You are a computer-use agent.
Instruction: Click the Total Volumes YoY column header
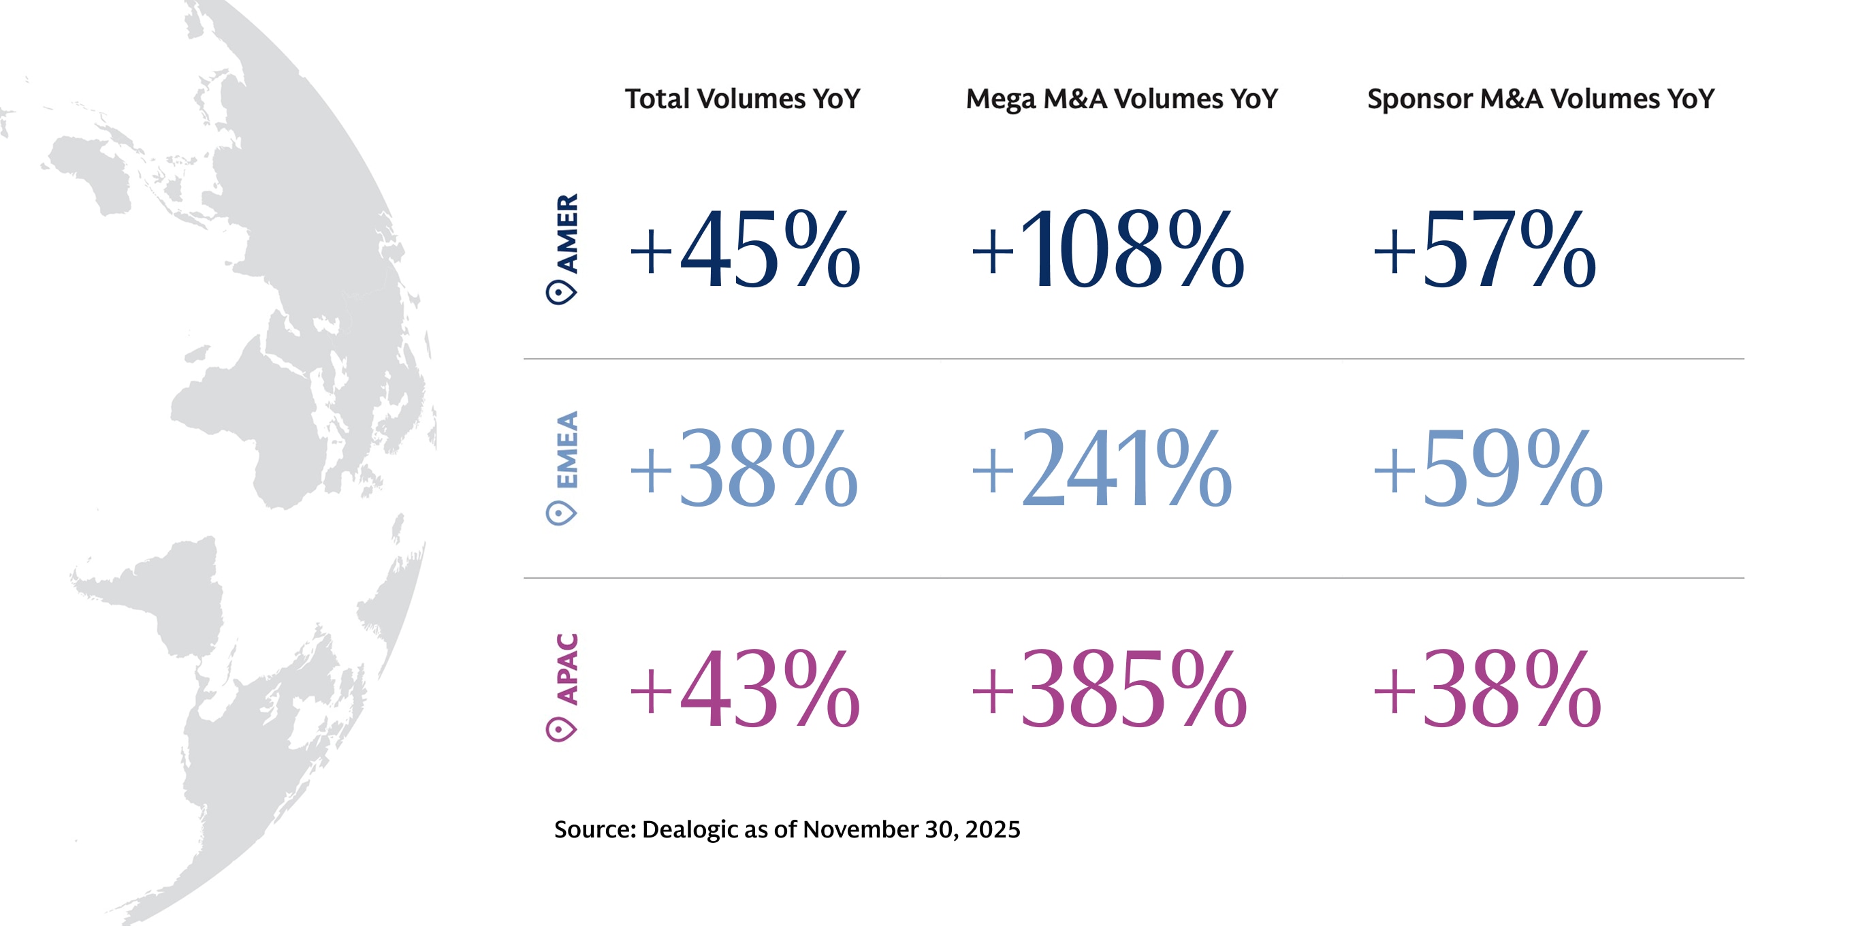[742, 99]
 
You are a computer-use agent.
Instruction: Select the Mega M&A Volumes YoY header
[1121, 99]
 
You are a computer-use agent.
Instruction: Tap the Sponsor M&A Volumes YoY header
[1540, 99]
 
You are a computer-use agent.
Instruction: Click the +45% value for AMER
[744, 249]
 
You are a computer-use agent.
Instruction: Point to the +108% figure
[1107, 249]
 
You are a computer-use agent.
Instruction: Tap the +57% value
[1484, 249]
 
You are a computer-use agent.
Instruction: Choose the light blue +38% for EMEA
[743, 468]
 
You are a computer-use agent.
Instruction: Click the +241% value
[1102, 468]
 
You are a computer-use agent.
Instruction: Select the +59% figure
[1487, 468]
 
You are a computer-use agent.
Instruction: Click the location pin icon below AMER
[561, 293]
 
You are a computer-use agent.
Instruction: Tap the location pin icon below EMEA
[561, 513]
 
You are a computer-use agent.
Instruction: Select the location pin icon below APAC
[561, 729]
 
